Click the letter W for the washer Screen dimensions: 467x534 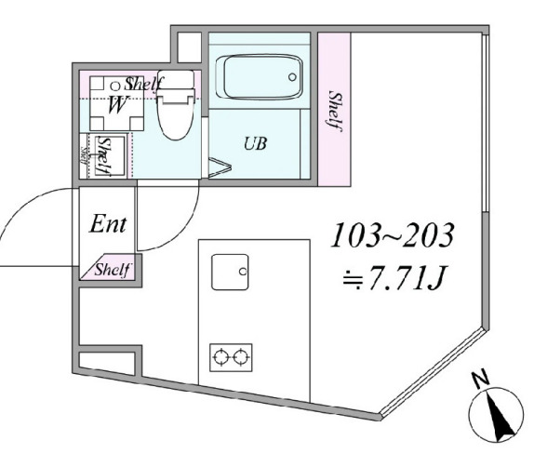coord(117,104)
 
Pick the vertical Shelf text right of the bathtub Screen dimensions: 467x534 coord(334,112)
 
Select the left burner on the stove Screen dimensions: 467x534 coord(221,354)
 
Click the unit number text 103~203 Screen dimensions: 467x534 coord(392,236)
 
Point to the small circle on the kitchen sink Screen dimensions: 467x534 coord(242,272)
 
